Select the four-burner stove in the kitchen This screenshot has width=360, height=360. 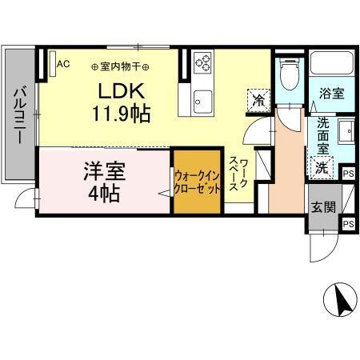click(x=203, y=63)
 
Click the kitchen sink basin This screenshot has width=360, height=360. click(x=202, y=101)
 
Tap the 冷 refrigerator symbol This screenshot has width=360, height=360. click(x=258, y=100)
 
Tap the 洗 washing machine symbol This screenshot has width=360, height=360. click(x=321, y=168)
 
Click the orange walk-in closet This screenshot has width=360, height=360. click(x=197, y=183)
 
